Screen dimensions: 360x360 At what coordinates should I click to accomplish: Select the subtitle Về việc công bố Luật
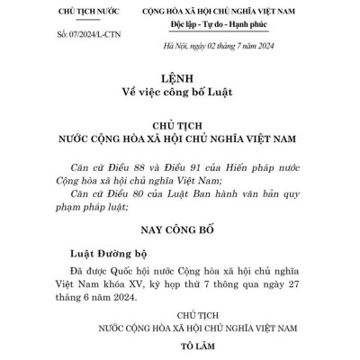(179, 93)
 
